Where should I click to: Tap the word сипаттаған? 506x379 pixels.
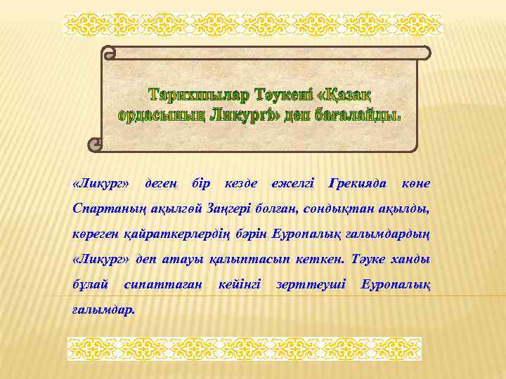pos(162,284)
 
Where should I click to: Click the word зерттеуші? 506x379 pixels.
pos(311,284)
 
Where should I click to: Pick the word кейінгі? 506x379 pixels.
pos(240,284)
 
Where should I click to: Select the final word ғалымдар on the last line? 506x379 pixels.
pos(103,310)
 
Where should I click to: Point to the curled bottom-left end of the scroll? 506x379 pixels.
pos(94,145)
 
